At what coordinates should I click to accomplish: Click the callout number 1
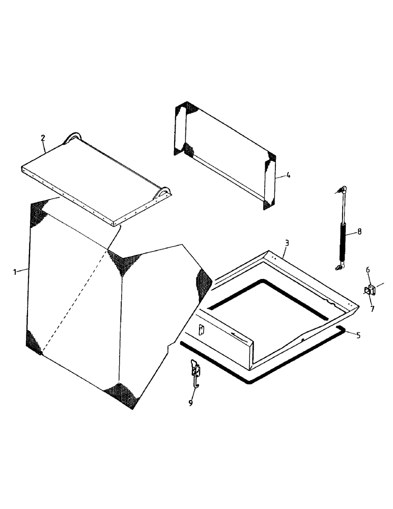point(15,271)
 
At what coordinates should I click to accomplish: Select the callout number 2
point(43,137)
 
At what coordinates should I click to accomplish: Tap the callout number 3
point(287,243)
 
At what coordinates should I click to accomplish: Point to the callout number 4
point(288,175)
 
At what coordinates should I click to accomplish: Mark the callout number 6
point(368,270)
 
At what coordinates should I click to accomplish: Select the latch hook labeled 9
point(195,372)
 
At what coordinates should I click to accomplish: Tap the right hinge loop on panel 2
point(164,193)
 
